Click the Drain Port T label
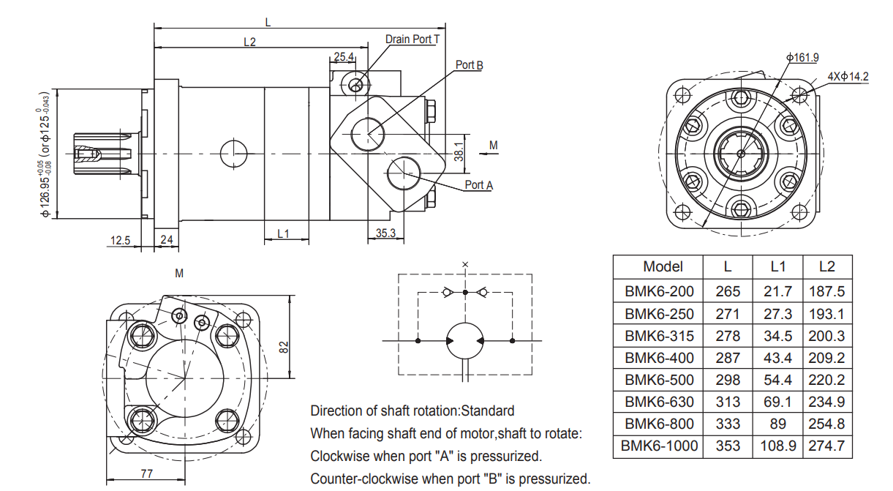click(x=412, y=39)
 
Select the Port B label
click(x=469, y=65)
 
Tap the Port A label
click(x=478, y=185)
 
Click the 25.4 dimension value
click(x=343, y=56)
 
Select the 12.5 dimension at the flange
click(x=121, y=240)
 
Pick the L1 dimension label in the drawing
click(x=284, y=233)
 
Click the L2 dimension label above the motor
click(x=250, y=42)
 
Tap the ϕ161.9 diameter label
click(x=802, y=57)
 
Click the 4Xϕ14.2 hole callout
click(x=848, y=76)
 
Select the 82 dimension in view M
click(x=284, y=346)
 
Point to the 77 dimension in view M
click(x=146, y=473)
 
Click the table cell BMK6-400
click(x=658, y=358)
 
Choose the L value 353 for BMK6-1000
click(x=728, y=446)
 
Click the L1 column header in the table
click(x=778, y=266)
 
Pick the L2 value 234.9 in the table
click(x=826, y=402)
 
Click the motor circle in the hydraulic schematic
click(x=465, y=341)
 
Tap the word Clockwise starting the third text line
click(x=341, y=456)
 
